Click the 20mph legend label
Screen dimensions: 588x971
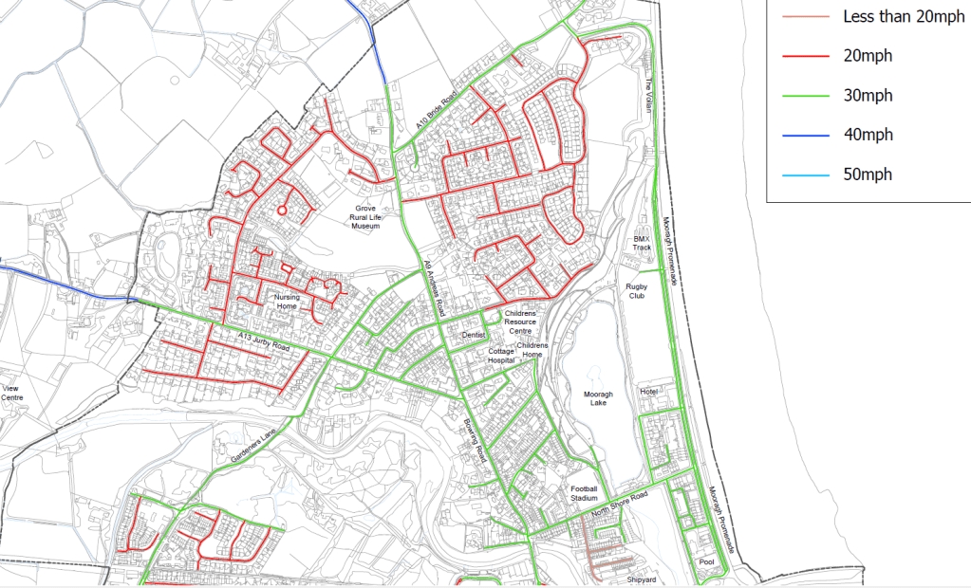point(868,56)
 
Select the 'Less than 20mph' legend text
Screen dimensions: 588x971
point(897,16)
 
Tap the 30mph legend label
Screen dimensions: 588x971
point(868,96)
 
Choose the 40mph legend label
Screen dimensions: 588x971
point(868,135)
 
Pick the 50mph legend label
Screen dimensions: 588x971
point(868,175)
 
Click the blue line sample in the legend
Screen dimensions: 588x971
point(805,135)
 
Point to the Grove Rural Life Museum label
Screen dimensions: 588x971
point(365,216)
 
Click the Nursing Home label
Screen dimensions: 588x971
point(287,302)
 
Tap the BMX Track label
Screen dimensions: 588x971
point(644,243)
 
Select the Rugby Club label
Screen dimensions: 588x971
point(635,291)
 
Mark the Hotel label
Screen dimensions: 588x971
point(648,391)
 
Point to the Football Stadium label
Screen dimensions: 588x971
point(584,493)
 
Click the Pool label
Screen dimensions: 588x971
point(706,561)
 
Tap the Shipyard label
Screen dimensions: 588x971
point(642,578)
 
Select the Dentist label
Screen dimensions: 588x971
point(473,335)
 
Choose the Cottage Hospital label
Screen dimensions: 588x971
point(500,356)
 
